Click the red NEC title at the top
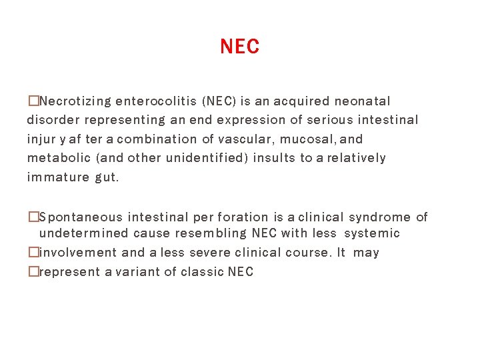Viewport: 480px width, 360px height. (239, 47)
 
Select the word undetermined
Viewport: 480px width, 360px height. (83, 233)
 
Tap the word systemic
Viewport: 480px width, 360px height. (372, 233)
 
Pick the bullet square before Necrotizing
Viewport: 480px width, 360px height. (33, 101)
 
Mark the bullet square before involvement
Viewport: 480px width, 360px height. (33, 253)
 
